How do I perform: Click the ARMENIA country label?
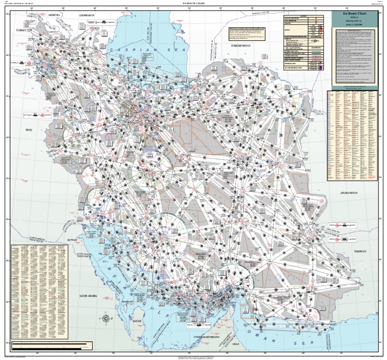point(54,15)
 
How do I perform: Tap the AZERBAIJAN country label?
point(87,15)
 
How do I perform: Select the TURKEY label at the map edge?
point(21,31)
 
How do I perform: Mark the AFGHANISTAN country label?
point(348,193)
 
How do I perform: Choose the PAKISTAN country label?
point(358,250)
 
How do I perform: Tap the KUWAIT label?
point(72,240)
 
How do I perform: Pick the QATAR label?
point(136,320)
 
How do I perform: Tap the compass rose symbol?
point(105,318)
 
